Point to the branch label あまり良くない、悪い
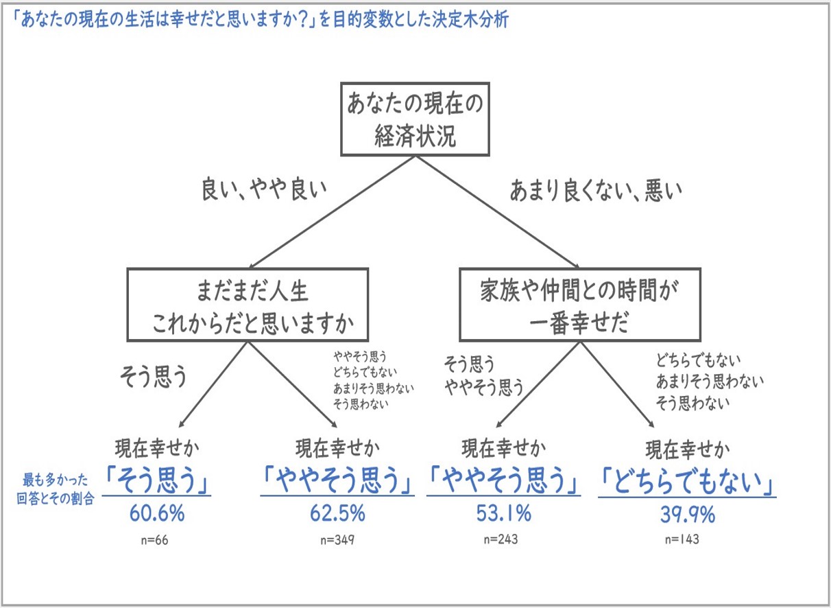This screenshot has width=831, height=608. [x=596, y=190]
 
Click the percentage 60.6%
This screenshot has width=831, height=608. [x=157, y=514]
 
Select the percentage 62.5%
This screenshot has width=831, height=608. [x=337, y=514]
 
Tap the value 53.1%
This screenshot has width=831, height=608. [x=503, y=514]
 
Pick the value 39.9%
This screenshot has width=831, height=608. [x=688, y=515]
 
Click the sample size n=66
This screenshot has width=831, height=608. [x=155, y=540]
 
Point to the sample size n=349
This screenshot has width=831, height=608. [x=337, y=540]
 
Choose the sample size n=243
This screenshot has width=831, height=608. [x=501, y=539]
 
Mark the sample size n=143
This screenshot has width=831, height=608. [x=682, y=539]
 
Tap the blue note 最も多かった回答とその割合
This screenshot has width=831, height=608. [x=55, y=489]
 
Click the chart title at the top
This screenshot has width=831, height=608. [x=260, y=19]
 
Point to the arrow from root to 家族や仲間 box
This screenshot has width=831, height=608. [x=497, y=212]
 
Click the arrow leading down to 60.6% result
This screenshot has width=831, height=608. [x=213, y=385]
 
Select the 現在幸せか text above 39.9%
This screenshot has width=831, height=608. [x=688, y=451]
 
